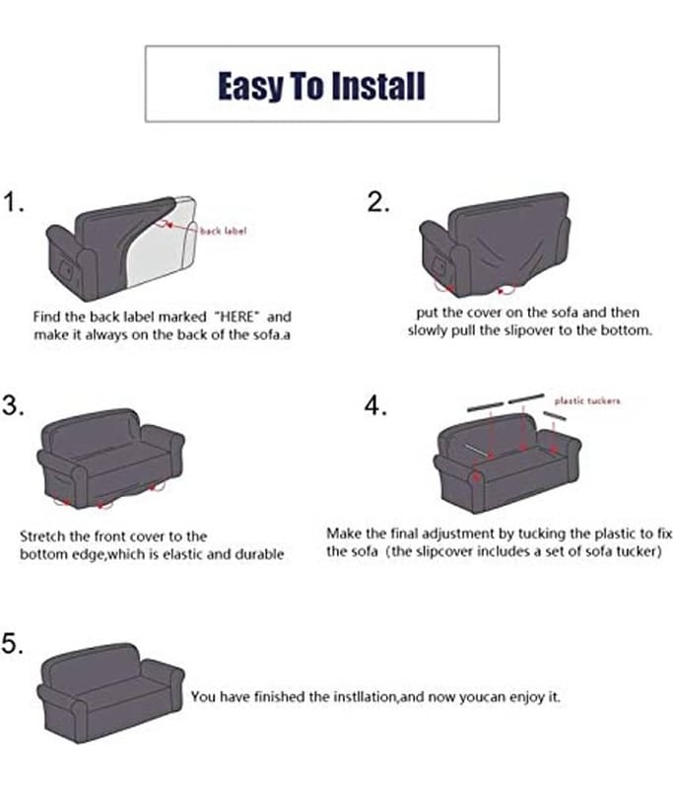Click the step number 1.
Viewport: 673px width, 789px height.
point(13,203)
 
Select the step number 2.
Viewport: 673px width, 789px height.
point(378,202)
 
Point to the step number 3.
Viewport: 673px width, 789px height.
point(13,405)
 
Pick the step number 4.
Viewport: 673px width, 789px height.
point(376,405)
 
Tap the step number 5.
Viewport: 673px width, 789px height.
point(13,643)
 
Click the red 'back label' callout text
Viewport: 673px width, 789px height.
point(223,231)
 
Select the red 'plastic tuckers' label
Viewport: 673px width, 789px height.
point(587,400)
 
